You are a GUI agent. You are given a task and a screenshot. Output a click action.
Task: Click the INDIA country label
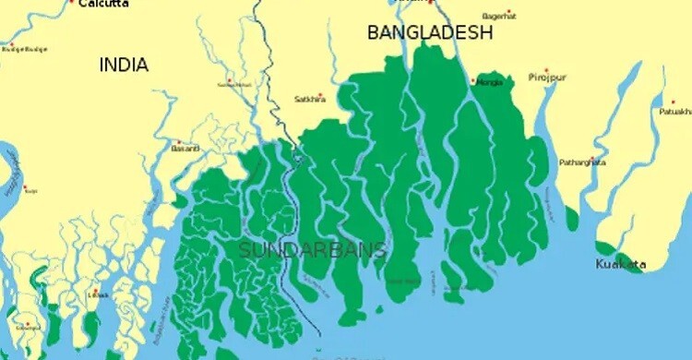point(124,65)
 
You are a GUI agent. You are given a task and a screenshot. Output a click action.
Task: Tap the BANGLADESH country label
point(430,32)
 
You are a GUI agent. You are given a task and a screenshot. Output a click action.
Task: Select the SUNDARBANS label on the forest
point(312,250)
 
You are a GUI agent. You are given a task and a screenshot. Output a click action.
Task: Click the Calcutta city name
point(103,4)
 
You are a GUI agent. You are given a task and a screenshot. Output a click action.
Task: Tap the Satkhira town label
point(310,99)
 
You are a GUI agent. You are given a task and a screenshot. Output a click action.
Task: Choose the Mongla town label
point(490,82)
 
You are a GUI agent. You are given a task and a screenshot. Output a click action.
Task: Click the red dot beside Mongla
point(473,81)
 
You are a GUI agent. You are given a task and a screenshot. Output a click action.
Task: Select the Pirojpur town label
point(547,78)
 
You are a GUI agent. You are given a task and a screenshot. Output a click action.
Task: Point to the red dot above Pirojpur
point(546,70)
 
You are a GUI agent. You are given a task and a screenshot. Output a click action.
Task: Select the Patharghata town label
point(582,162)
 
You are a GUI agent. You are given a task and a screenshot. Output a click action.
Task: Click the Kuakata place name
point(621,265)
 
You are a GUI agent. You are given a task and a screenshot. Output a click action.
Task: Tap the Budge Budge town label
point(23,49)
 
